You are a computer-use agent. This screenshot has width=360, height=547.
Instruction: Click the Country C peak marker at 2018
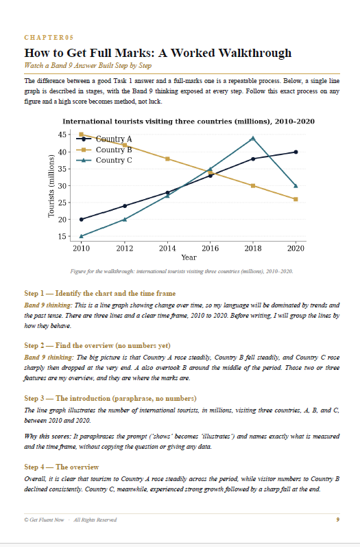pyautogui.click(x=252, y=138)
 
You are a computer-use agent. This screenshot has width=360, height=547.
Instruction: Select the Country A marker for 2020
pyautogui.click(x=296, y=152)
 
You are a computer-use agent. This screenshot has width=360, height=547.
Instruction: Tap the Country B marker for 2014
pyautogui.click(x=167, y=159)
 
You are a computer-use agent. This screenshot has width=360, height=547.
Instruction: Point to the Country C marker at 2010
pyautogui.click(x=81, y=236)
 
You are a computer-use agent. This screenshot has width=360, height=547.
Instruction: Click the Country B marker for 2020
pyautogui.click(x=296, y=199)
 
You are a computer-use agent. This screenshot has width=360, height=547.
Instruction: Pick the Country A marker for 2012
pyautogui.click(x=124, y=206)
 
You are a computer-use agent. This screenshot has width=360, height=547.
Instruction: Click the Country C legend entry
pyautogui.click(x=104, y=160)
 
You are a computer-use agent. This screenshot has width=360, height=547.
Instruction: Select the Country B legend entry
pyautogui.click(x=104, y=150)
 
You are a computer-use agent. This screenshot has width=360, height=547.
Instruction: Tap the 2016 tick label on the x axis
pyautogui.click(x=210, y=248)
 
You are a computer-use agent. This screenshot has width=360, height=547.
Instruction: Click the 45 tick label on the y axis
pyautogui.click(x=62, y=135)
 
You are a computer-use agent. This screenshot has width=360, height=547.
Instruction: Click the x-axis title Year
pyautogui.click(x=189, y=257)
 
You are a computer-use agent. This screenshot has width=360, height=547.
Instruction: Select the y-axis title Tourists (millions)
pyautogui.click(x=51, y=186)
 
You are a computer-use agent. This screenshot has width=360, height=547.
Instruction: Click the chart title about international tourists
pyautogui.click(x=189, y=121)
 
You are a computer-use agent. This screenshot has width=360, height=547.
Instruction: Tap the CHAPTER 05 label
pyautogui.click(x=49, y=37)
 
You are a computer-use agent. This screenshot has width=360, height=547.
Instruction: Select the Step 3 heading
pyautogui.click(x=110, y=398)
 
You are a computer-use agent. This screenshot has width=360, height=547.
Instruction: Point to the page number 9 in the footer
pyautogui.click(x=337, y=520)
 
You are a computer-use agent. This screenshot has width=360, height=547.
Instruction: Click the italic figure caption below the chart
pyautogui.click(x=182, y=271)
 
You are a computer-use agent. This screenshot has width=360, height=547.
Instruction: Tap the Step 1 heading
pyautogui.click(x=100, y=293)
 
